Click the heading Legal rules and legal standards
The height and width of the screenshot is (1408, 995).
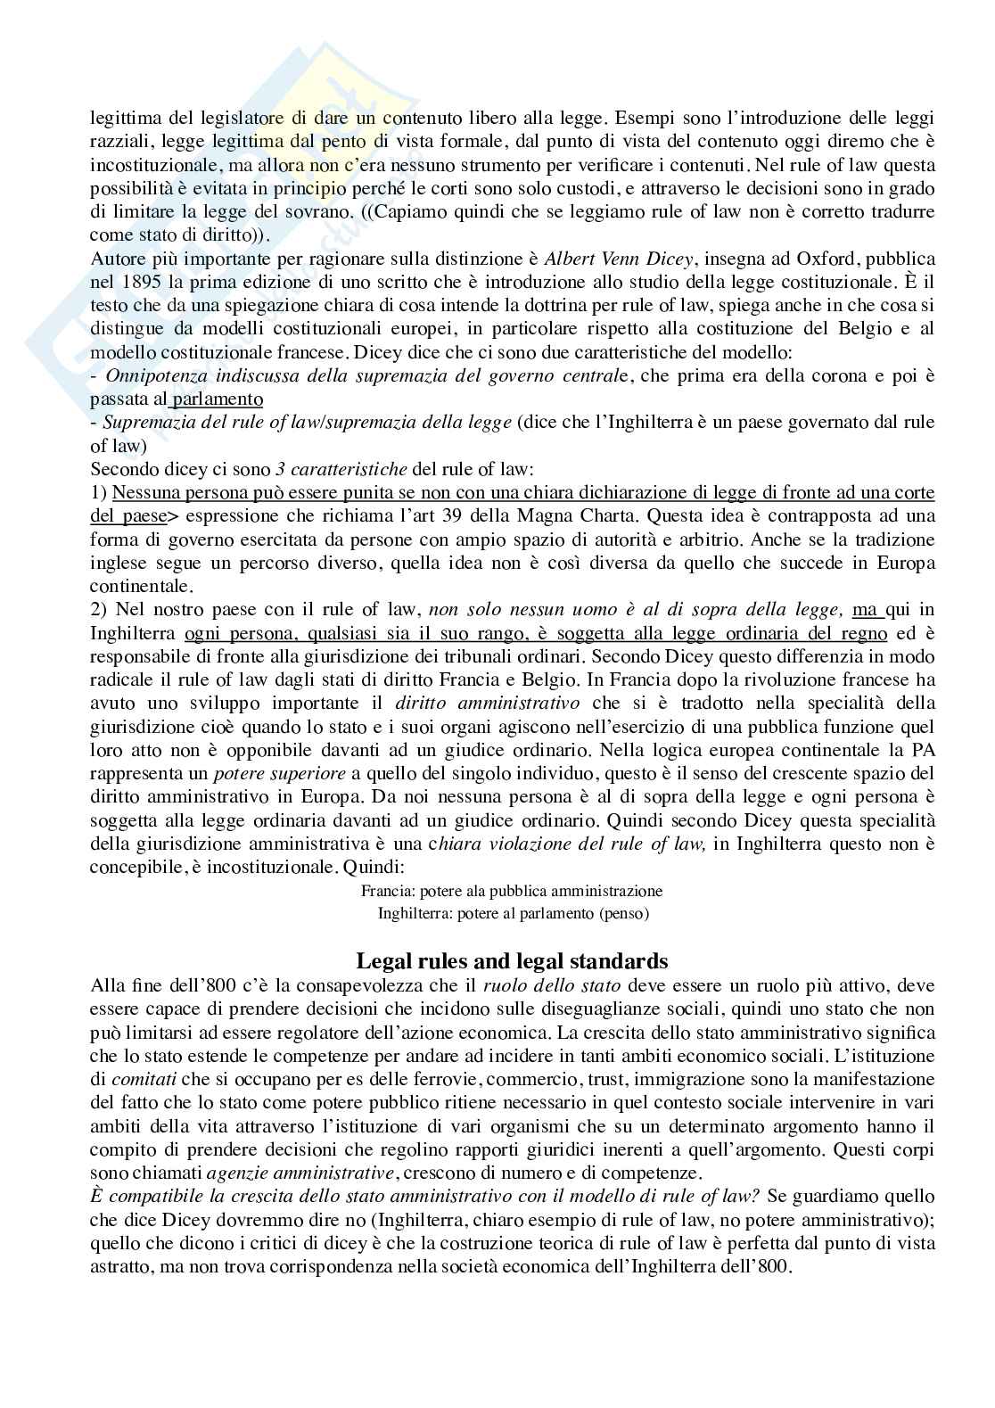click(512, 960)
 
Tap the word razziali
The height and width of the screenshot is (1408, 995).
click(119, 142)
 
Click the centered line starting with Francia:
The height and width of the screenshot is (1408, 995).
click(512, 890)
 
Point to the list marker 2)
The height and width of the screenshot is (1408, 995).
click(98, 609)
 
